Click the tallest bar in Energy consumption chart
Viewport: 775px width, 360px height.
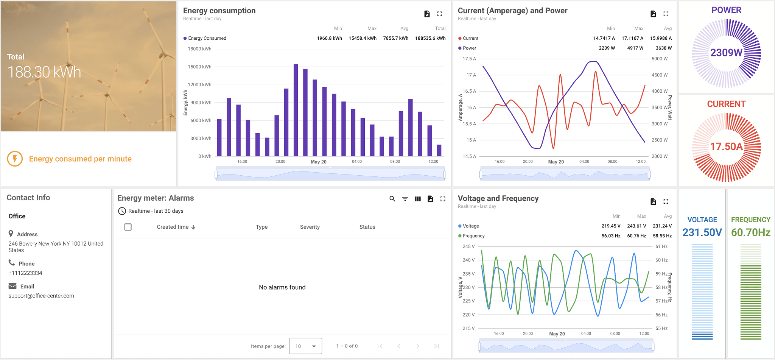point(296,110)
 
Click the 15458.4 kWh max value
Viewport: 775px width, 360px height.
point(362,38)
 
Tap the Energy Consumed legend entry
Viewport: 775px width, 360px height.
point(207,38)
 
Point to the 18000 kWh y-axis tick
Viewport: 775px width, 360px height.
point(199,49)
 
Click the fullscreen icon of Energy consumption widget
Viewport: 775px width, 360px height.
point(439,14)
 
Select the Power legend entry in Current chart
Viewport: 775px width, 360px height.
point(469,48)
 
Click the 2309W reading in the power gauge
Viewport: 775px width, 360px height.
point(726,53)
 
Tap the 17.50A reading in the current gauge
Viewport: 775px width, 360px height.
point(726,146)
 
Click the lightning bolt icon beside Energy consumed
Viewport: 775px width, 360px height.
point(15,159)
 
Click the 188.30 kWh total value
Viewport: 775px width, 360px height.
point(44,72)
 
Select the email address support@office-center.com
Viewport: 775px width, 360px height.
point(41,296)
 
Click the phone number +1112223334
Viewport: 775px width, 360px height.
point(25,273)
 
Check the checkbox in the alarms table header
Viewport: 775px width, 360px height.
point(128,227)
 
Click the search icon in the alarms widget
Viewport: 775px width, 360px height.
point(392,199)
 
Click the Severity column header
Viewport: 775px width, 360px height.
point(310,227)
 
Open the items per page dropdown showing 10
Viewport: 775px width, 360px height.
point(305,346)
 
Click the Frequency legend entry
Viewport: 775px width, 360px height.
point(473,236)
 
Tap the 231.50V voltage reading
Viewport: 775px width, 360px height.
point(702,232)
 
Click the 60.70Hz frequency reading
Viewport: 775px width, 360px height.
point(750,232)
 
